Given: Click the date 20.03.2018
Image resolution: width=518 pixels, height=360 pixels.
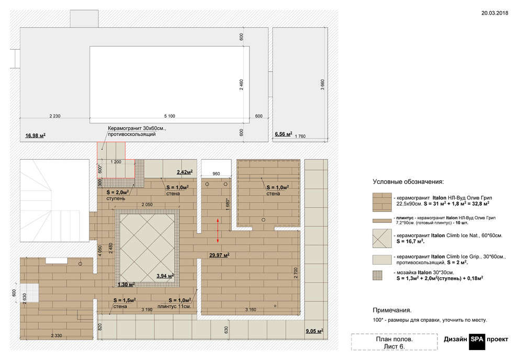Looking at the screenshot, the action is click(494, 13).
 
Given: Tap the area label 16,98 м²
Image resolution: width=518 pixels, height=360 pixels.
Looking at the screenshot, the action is click(36, 136).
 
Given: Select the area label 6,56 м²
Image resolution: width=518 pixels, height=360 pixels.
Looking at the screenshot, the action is click(284, 134).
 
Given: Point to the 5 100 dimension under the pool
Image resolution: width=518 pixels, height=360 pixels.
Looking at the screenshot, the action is click(170, 116).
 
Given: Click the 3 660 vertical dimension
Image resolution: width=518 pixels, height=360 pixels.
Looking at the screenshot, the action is click(322, 85).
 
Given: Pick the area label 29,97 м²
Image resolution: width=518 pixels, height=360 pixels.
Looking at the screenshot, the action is click(219, 255).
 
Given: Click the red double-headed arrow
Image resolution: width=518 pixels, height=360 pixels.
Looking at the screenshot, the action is click(218, 231).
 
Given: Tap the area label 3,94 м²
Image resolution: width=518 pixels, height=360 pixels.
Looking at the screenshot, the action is click(165, 276).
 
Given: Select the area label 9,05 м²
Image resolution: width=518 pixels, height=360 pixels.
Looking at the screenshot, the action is click(314, 331).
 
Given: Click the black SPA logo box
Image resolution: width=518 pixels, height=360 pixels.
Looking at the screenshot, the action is click(477, 342).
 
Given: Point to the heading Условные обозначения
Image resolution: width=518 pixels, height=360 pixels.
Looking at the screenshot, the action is click(408, 182).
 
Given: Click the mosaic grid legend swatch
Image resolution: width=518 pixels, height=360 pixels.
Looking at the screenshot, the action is click(377, 275).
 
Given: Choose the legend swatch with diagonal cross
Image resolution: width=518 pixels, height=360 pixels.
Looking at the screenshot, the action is click(382, 239).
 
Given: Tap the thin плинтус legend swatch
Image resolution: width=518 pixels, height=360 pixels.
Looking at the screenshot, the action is click(382, 221).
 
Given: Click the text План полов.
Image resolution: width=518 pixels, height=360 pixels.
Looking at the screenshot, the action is click(394, 339).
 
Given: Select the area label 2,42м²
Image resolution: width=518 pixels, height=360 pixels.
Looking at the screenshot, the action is click(185, 172).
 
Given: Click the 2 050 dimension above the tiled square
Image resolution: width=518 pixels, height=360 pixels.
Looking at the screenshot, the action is click(147, 205).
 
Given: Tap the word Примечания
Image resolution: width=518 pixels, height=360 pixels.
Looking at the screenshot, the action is click(392, 310).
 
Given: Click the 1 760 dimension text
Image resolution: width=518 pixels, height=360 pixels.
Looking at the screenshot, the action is click(300, 136).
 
